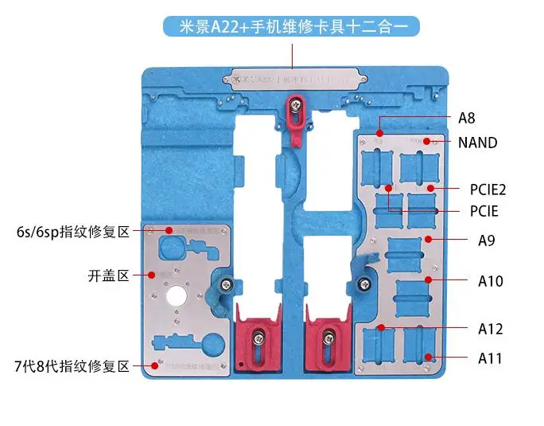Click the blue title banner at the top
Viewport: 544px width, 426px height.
(291, 27)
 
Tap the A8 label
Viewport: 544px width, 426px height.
(466, 118)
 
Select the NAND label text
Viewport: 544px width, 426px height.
(477, 143)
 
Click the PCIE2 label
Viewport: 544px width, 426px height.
(488, 190)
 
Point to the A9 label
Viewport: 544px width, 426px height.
(486, 239)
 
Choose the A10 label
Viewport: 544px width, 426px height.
(490, 280)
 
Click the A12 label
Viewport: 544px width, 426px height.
(490, 328)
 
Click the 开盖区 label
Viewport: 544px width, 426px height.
(108, 276)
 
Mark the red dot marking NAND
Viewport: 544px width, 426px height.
(427, 142)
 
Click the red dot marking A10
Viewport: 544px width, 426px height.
(428, 280)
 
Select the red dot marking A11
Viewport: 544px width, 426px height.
(428, 358)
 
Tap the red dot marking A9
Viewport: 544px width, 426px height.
(428, 238)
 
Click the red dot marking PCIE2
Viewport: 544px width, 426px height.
(430, 189)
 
